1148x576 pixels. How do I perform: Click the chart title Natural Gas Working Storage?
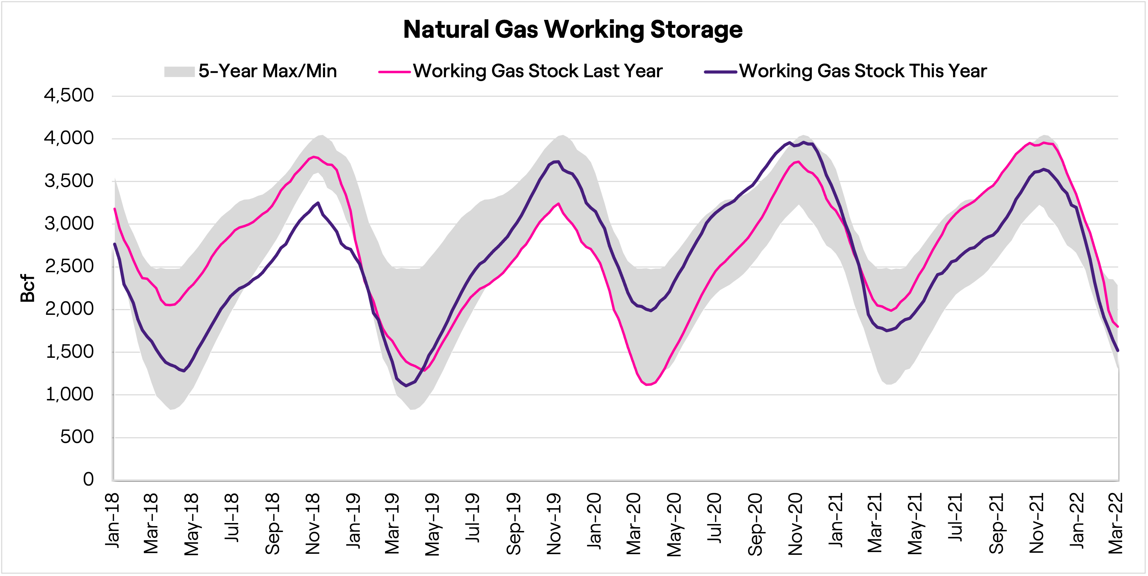[x=573, y=29]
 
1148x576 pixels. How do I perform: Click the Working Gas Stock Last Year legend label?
[x=537, y=71]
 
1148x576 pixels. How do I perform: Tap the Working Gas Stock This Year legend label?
[x=862, y=71]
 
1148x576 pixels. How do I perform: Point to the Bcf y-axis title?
[x=28, y=288]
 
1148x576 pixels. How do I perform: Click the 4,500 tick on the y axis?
[x=69, y=95]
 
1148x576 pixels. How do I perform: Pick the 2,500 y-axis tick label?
[x=69, y=266]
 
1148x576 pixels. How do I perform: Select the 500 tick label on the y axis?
[x=77, y=437]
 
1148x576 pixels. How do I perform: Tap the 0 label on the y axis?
[x=88, y=479]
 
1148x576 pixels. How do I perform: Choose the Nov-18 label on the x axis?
[x=313, y=523]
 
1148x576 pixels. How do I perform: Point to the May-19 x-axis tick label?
[x=432, y=524]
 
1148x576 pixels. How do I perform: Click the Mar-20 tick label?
[x=633, y=523]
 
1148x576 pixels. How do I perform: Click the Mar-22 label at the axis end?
[x=1115, y=523]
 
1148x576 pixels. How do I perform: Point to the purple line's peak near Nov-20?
[x=804, y=142]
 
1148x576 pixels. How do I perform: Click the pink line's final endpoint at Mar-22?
[x=1118, y=327]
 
